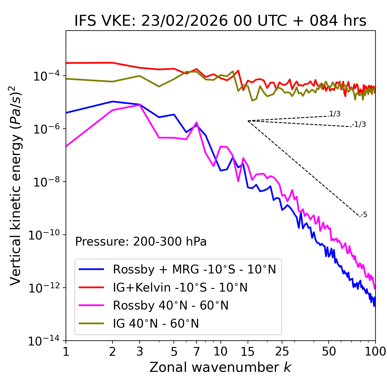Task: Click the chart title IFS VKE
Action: pyautogui.click(x=220, y=21)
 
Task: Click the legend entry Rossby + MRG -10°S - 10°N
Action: pyautogui.click(x=194, y=269)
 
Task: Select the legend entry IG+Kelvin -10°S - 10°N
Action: pyautogui.click(x=180, y=287)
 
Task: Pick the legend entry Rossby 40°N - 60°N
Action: pyautogui.click(x=171, y=306)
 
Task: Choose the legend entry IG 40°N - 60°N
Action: pyautogui.click(x=156, y=324)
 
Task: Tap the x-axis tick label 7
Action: pyautogui.click(x=197, y=351)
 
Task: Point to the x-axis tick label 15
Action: pyautogui.click(x=248, y=351)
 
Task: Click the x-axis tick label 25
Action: pyautogui.click(x=282, y=351)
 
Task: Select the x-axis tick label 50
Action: pyautogui.click(x=329, y=351)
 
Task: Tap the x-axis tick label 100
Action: pyautogui.click(x=375, y=351)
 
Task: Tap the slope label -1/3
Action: pyautogui.click(x=359, y=124)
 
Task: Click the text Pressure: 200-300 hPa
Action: pyautogui.click(x=141, y=242)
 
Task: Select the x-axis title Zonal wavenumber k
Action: pyautogui.click(x=220, y=367)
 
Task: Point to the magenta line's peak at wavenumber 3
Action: pyautogui.click(x=139, y=105)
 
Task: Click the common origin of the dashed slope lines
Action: pyautogui.click(x=248, y=121)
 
